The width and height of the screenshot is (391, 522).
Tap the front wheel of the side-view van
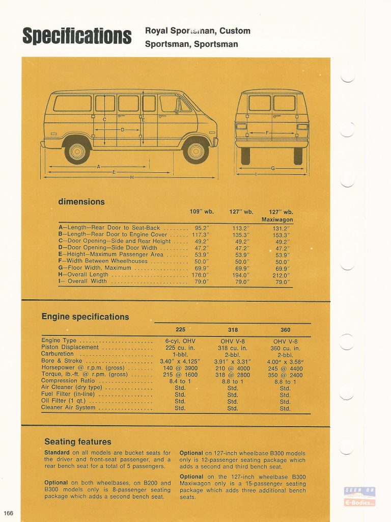[196, 151]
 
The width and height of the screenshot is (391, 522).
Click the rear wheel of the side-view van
[77, 151]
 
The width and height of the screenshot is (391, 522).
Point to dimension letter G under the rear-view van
[273, 168]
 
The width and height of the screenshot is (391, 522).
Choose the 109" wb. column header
[202, 212]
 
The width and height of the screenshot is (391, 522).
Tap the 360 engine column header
[285, 330]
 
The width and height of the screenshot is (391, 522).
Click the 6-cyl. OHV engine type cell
[180, 341]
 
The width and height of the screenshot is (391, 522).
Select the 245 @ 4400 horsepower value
[285, 368]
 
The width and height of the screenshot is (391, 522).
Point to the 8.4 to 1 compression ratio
[180, 381]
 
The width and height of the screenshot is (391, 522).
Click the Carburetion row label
[58, 354]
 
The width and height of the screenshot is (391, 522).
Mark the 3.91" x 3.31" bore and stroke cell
[233, 361]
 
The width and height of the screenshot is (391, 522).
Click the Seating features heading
[77, 441]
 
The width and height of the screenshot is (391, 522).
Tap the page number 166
[8, 512]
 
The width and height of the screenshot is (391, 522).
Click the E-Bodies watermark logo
[360, 497]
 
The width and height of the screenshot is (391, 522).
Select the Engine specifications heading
[85, 317]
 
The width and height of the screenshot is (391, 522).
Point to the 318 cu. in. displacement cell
[233, 348]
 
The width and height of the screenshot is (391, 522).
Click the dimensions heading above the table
[81, 201]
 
